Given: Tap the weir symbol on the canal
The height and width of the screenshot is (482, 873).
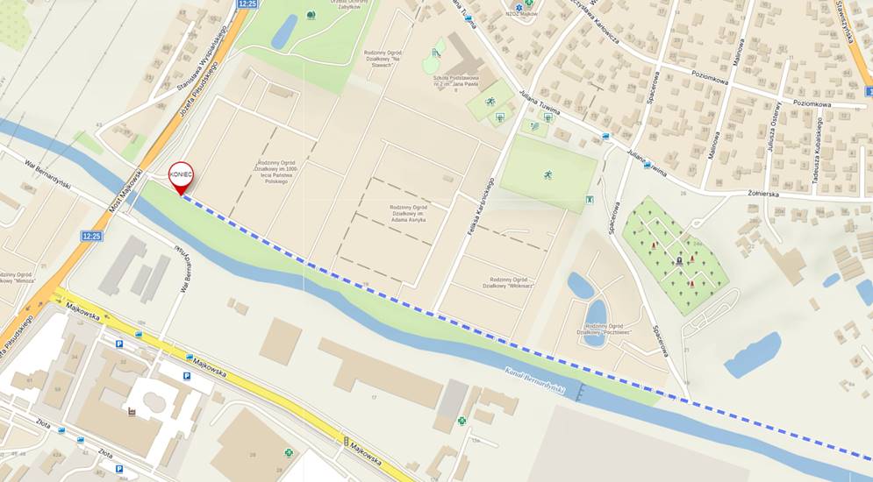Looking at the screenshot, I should [x=579, y=393].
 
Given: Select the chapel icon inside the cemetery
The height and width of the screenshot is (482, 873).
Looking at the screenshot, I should [x=679, y=260].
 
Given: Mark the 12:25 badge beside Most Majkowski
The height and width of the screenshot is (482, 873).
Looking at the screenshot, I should [x=91, y=236].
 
